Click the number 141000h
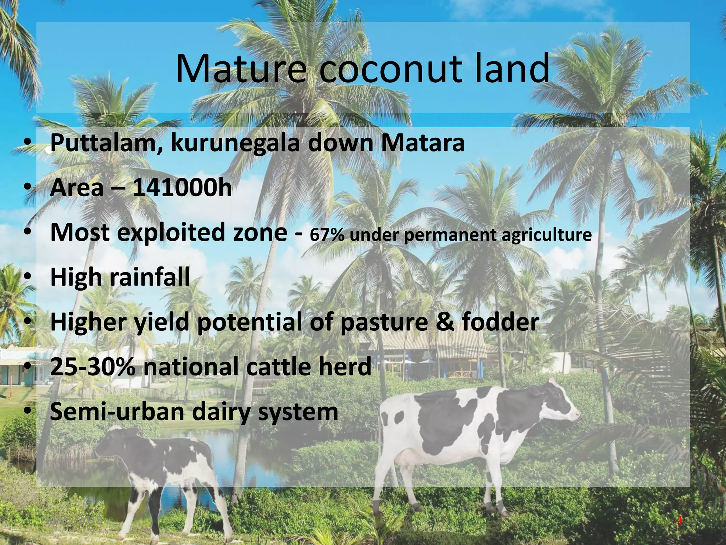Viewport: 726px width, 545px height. tap(182, 188)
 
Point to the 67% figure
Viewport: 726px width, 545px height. tap(326, 235)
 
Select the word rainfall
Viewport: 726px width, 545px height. tap(150, 277)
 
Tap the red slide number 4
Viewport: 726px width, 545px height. tap(679, 521)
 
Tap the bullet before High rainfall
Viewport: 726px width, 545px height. tap(28, 278)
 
